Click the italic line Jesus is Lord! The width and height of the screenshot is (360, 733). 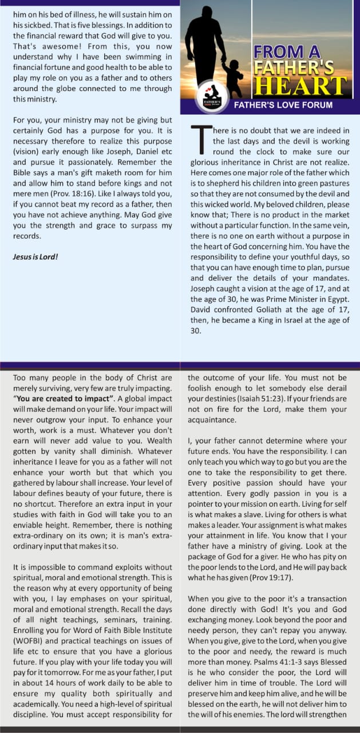tap(35, 257)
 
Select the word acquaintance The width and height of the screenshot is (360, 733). tap(215, 419)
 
